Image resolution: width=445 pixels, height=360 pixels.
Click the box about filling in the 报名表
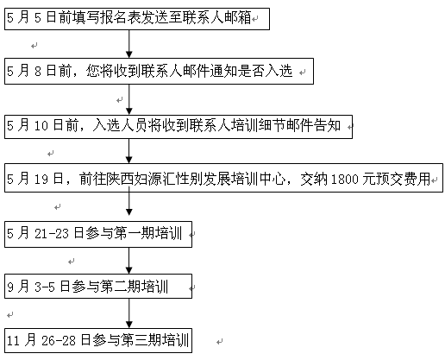(137, 19)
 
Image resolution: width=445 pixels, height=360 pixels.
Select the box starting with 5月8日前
(159, 72)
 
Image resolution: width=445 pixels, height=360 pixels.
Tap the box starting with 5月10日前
(179, 127)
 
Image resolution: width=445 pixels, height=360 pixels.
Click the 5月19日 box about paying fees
(223, 178)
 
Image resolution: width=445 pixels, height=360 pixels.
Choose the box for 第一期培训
(98, 234)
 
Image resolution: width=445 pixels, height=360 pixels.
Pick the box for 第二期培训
(98, 286)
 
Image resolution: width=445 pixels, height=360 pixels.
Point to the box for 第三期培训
(98, 340)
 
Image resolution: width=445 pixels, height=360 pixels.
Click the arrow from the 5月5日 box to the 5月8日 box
(129, 44)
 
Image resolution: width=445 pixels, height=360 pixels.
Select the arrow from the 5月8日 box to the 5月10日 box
(129, 99)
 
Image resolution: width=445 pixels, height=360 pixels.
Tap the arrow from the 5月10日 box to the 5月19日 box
(129, 151)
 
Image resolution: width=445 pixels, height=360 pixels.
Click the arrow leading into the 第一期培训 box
(129, 201)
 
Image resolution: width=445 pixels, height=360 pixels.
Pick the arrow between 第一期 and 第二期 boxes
(129, 261)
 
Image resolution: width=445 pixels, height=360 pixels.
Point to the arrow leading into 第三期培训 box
(129, 313)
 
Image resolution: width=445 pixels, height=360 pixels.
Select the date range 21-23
(52, 234)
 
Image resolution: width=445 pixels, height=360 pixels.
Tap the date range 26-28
(59, 341)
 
